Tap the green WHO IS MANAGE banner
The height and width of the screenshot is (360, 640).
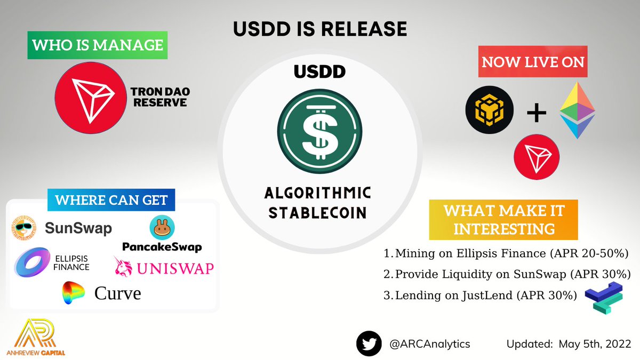(x=98, y=45)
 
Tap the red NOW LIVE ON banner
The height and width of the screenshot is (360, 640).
(x=533, y=61)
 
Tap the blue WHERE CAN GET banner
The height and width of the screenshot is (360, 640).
(x=111, y=201)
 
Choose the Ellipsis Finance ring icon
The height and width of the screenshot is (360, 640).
(x=33, y=262)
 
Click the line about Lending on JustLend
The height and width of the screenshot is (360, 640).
(x=480, y=295)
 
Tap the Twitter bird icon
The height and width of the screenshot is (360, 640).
(x=370, y=344)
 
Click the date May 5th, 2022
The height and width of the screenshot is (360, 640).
(x=595, y=344)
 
